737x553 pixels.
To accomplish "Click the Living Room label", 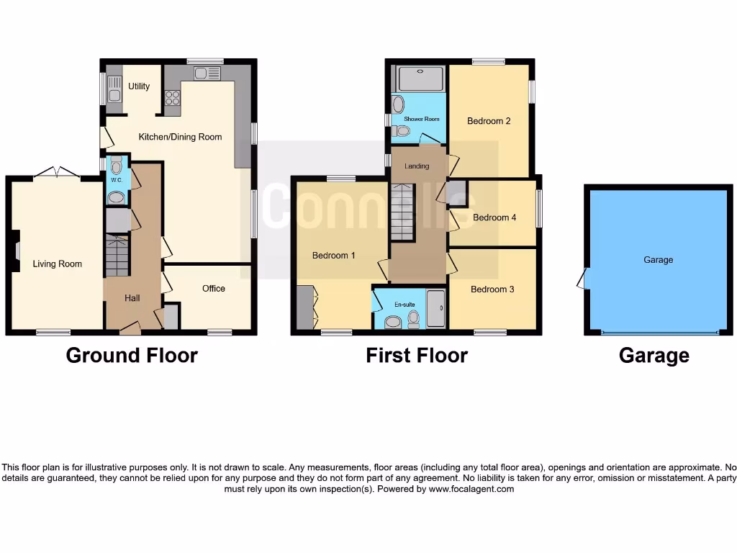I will point(58,264).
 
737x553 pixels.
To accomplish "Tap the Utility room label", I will point(139,86).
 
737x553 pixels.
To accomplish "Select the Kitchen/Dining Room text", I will point(180,137).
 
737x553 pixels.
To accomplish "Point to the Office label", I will point(214,289).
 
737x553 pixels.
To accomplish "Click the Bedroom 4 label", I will point(494,217).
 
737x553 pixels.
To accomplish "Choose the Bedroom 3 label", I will point(492,289).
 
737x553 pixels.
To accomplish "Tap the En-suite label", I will point(404,305).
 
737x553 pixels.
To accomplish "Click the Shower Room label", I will point(421,119).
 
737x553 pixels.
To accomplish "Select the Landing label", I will point(417,166).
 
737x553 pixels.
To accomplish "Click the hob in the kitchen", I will point(173,97).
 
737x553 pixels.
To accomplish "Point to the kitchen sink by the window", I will point(201,72).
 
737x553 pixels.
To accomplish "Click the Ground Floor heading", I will point(132,355).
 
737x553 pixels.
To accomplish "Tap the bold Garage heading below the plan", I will point(654,356).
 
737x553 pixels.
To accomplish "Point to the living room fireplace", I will point(16,251).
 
